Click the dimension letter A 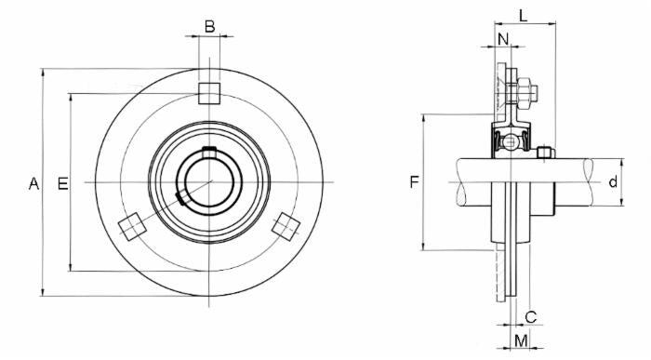point(33,183)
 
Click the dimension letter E point(63,183)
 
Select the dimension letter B point(209,26)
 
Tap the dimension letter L point(524,15)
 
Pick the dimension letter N point(503,39)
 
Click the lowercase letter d point(613,182)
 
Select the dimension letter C point(531,315)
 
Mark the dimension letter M point(521,340)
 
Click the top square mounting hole point(209,91)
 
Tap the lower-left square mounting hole point(131,225)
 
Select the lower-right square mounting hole point(286,225)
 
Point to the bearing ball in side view point(509,143)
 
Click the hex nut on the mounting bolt point(525,92)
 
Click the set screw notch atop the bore point(209,151)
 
